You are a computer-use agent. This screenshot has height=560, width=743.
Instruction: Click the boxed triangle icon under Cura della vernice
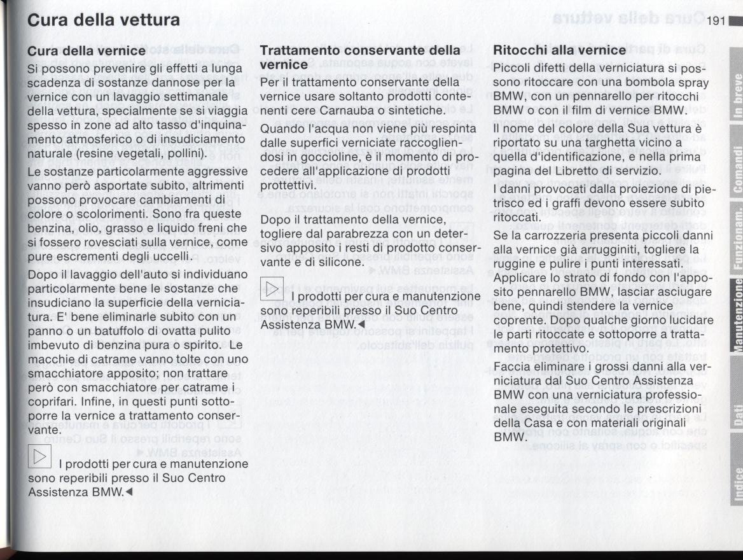pyautogui.click(x=40, y=456)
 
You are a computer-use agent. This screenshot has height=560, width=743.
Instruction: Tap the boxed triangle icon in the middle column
pyautogui.click(x=272, y=291)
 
